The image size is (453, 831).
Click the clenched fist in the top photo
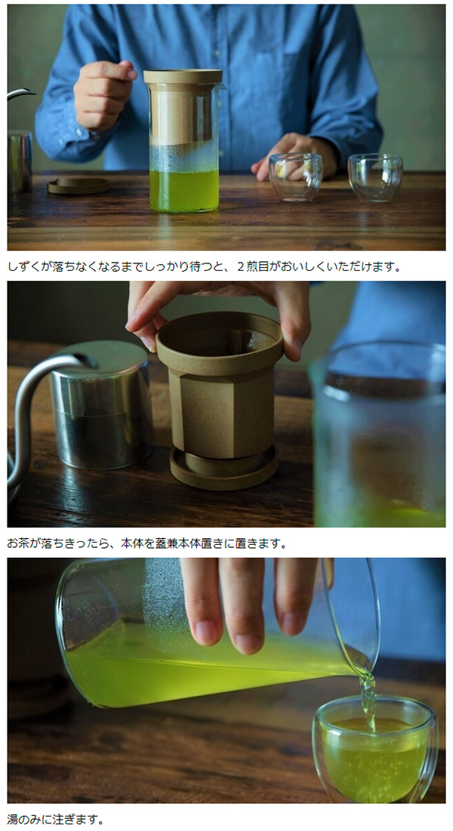[103, 94]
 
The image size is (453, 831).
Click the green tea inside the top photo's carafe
[184, 190]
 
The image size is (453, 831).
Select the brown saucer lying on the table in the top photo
[79, 185]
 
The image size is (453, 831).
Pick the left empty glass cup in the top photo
[295, 177]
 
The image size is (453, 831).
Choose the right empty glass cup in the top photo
[375, 177]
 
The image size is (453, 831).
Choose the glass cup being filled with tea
[375, 748]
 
